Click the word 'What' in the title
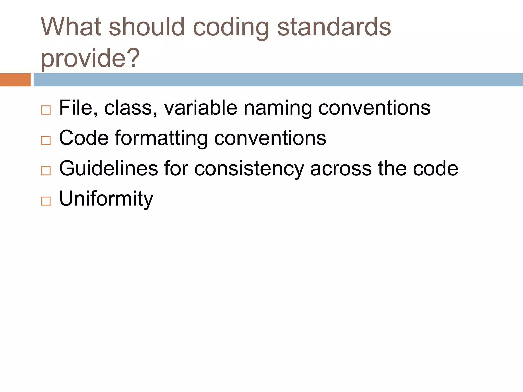tap(70, 27)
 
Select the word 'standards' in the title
tap(334, 27)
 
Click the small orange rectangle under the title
tap(15, 80)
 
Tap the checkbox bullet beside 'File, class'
tap(46, 110)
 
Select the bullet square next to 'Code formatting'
tap(46, 140)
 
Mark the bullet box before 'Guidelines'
tap(46, 170)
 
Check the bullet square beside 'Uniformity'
tap(46, 201)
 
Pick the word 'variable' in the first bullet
tap(200, 108)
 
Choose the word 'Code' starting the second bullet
tap(84, 138)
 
